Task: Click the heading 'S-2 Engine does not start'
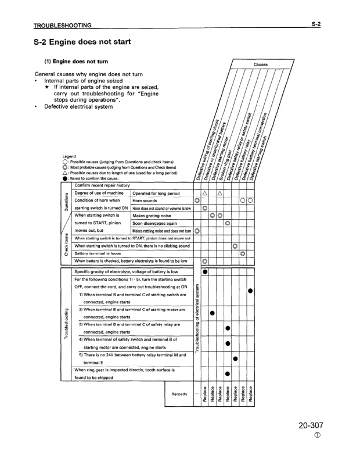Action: tap(83, 42)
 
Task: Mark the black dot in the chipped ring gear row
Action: tap(228, 374)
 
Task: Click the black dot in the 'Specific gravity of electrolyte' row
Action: tap(204, 271)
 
